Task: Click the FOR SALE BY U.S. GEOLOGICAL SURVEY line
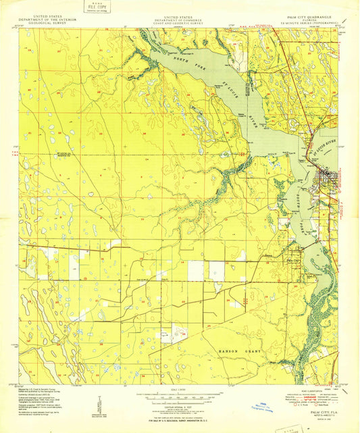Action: point(180,409)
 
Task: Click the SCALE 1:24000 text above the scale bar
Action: point(180,388)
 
